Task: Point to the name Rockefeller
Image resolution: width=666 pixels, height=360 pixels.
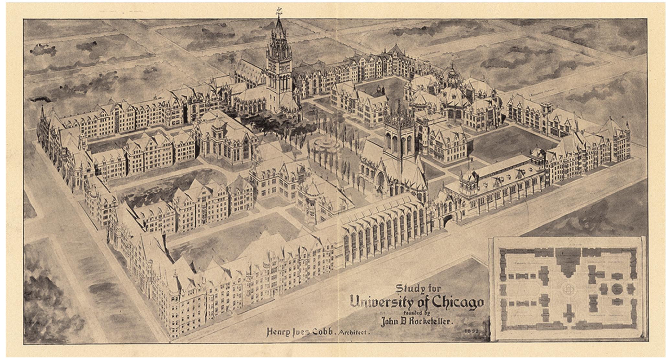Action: pyautogui.click(x=426, y=322)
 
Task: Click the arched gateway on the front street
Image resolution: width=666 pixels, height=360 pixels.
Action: pyautogui.click(x=448, y=220)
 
